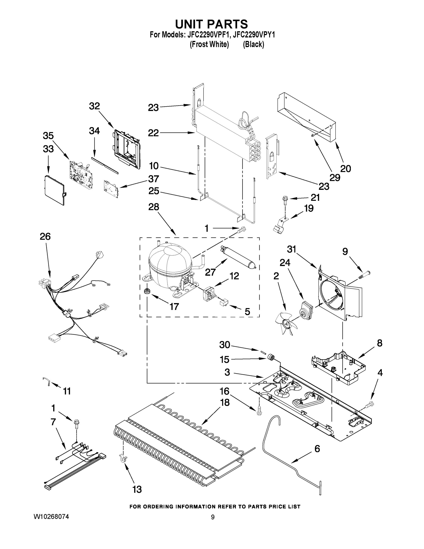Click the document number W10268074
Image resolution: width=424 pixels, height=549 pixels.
pos(51,517)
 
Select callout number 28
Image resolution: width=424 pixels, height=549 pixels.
pos(153,207)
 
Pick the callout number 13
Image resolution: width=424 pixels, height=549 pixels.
pos(137,496)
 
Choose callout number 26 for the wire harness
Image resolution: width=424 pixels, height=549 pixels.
pos(45,237)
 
